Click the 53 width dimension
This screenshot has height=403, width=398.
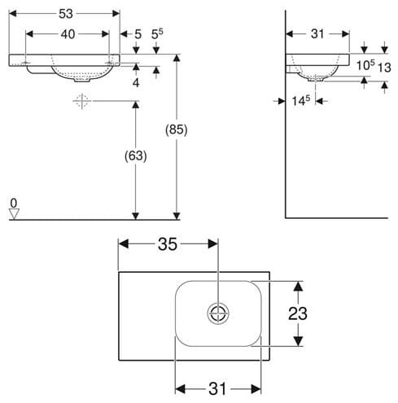point(66,14)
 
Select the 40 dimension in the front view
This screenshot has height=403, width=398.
point(68,34)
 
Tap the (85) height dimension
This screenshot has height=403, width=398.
point(177,129)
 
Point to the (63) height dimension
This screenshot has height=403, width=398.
point(136,156)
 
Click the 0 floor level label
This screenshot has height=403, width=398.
point(14,203)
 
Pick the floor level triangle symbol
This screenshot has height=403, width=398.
point(14,213)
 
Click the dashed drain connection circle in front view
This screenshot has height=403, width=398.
point(82,101)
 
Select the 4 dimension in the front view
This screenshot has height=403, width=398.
point(136,82)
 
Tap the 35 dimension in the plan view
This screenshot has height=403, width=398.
point(168,244)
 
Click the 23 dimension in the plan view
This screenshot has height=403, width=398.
point(298,313)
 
